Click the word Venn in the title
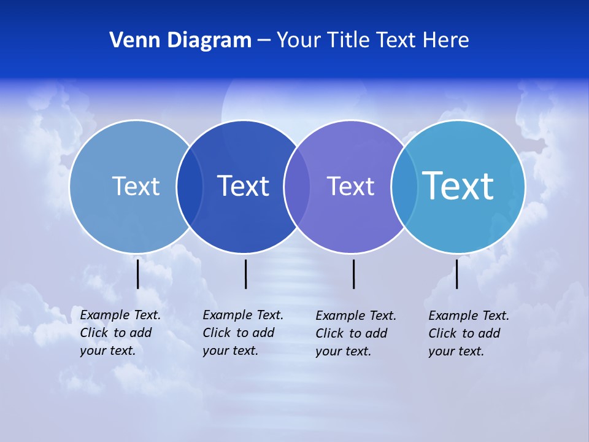click(130, 41)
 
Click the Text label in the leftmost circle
click(136, 186)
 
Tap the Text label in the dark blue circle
click(244, 186)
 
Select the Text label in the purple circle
click(350, 186)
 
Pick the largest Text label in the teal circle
click(458, 186)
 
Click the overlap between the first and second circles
click(190, 187)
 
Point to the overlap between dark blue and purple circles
click(297, 187)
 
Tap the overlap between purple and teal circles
click(404, 187)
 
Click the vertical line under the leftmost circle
click(138, 274)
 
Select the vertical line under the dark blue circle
click(245, 274)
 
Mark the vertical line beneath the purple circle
click(354, 274)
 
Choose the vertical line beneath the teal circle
click(456, 274)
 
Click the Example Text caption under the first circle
click(120, 315)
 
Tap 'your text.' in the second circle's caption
click(230, 351)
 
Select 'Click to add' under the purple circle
click(352, 333)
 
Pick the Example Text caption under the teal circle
click(469, 316)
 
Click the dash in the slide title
click(264, 41)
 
